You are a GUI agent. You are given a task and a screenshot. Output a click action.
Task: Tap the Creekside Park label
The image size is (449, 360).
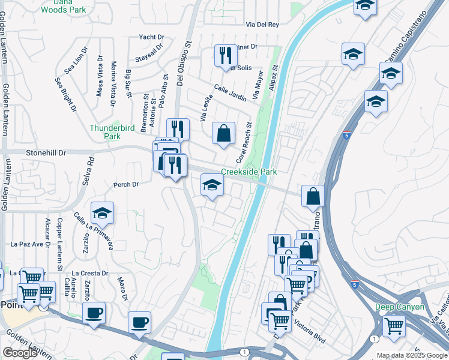[249, 172]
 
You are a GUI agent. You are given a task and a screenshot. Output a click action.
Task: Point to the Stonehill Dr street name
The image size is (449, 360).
[46, 153]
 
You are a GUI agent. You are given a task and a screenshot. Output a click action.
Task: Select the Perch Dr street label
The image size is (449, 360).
[127, 184]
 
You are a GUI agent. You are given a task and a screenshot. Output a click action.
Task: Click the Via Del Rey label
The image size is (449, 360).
[262, 25]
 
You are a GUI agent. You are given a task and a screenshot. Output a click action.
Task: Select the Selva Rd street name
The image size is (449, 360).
[91, 170]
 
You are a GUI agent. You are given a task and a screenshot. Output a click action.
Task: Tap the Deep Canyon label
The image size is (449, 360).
[400, 307]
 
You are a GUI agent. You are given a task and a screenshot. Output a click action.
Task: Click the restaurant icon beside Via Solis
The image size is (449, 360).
[226, 56]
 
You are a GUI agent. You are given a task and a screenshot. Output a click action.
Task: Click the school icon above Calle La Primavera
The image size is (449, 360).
[102, 212]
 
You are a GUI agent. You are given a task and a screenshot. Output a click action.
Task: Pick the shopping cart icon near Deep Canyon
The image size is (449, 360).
[394, 326]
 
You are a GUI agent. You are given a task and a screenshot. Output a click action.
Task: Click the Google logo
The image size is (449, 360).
[20, 353]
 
